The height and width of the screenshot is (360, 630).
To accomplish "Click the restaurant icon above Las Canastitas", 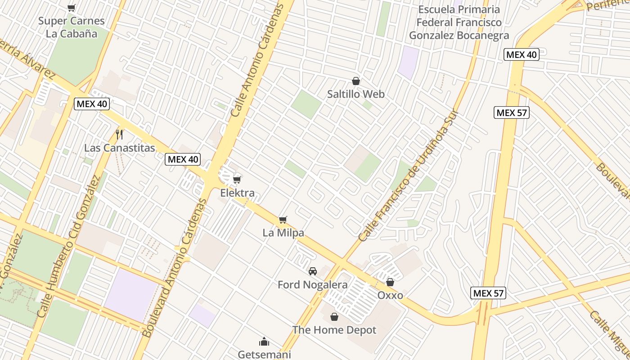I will pyautogui.click(x=119, y=134).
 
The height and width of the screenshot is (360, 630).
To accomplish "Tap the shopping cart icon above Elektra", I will pyautogui.click(x=237, y=180).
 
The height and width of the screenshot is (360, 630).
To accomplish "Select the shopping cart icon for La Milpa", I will pyautogui.click(x=283, y=220).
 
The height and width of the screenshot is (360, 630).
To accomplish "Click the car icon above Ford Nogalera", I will pyautogui.click(x=312, y=271).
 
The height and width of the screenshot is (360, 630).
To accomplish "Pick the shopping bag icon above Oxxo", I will pyautogui.click(x=390, y=282).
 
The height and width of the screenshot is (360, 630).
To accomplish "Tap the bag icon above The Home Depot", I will pyautogui.click(x=334, y=317).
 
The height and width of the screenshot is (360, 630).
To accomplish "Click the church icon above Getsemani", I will pyautogui.click(x=264, y=342).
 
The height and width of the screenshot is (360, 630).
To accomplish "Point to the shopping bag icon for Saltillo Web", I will pyautogui.click(x=356, y=81).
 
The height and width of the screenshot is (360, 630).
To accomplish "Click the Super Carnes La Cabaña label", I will pyautogui.click(x=72, y=27).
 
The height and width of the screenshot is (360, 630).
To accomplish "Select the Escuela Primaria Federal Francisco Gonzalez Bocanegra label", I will pyautogui.click(x=459, y=22).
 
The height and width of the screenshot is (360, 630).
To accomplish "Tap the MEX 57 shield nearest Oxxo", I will pyautogui.click(x=489, y=293).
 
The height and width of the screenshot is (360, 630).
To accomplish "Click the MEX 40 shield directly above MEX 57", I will pyautogui.click(x=522, y=54).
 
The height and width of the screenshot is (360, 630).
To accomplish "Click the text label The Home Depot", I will pyautogui.click(x=334, y=330).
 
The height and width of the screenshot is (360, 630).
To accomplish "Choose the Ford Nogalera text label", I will pyautogui.click(x=312, y=284).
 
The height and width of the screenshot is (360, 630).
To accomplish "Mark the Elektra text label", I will pyautogui.click(x=237, y=193).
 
